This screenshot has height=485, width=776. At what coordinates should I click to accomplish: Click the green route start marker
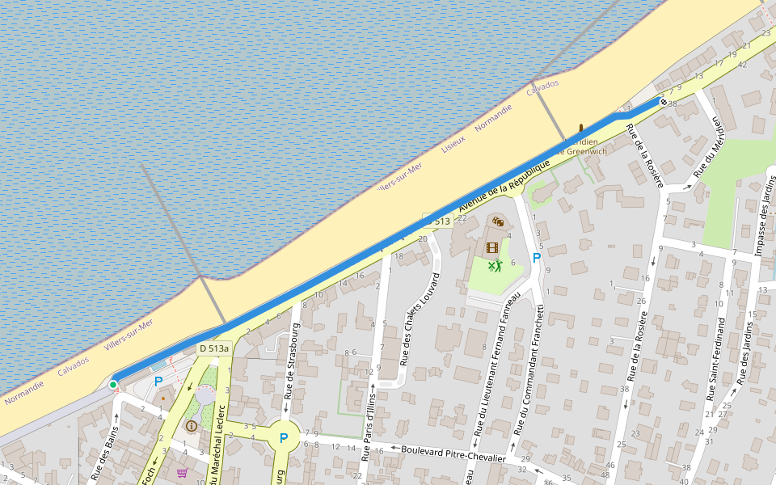coord(113,385)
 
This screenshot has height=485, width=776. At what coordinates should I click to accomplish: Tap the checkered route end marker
coord(663,102)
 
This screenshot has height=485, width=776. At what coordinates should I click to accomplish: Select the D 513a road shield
coord(214,348)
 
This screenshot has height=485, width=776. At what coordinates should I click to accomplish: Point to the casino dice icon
coord(498,221)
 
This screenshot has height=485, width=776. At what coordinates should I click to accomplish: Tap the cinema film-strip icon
coord(492,247)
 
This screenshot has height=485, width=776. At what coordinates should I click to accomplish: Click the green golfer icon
coord(495,265)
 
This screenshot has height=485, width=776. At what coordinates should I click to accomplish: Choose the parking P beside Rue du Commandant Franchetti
coord(536,258)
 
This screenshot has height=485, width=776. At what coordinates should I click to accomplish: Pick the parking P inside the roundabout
coord(284,438)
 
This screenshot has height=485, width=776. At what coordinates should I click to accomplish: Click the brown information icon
coord(192,426)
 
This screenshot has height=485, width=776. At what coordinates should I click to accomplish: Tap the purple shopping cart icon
coord(183,473)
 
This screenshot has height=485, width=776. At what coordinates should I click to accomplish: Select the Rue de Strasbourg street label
coord(292,361)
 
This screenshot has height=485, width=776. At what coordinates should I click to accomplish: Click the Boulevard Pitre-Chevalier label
coord(453,453)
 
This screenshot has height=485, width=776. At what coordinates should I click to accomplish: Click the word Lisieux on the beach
coord(453,144)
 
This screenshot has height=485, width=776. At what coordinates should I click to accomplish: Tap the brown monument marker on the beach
coord(580,127)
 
